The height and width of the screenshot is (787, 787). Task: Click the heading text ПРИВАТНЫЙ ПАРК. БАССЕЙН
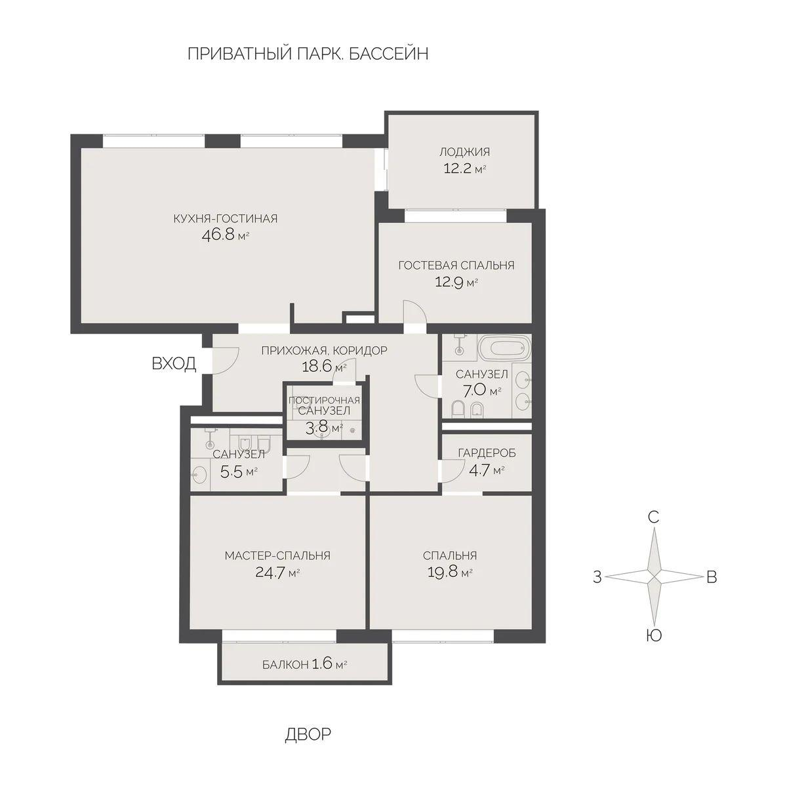pos(308,54)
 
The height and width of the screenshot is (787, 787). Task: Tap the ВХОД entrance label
pos(174,364)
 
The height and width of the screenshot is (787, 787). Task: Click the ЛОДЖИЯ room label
pos(464,152)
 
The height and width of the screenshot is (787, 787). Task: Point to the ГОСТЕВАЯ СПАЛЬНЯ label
pos(456,266)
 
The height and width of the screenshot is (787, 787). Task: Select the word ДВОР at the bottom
pos(308,734)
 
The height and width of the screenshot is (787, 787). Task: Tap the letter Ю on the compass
pos(653,635)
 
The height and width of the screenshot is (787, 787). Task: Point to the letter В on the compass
pos(712,577)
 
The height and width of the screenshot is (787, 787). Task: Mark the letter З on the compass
pos(597,577)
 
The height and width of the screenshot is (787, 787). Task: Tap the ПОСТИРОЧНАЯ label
pos(324,400)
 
